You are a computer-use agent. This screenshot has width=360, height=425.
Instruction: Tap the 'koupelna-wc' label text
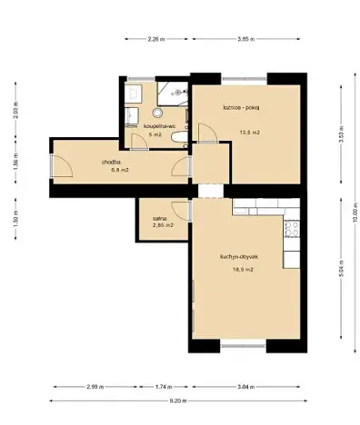pyautogui.click(x=146, y=126)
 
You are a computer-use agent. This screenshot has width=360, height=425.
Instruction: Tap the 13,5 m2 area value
pyautogui.click(x=249, y=133)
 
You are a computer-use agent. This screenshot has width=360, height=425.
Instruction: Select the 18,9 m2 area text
pyautogui.click(x=243, y=270)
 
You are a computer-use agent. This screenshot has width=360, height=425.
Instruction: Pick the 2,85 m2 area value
pyautogui.click(x=163, y=225)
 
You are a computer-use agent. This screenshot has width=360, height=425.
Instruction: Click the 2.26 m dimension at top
pyautogui.click(x=155, y=40)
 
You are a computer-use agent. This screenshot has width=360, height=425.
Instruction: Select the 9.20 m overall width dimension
pyautogui.click(x=180, y=400)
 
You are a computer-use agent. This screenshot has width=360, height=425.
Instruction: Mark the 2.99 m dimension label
pyautogui.click(x=95, y=386)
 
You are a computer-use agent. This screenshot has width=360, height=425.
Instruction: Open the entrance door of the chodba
pyautogui.click(x=62, y=166)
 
